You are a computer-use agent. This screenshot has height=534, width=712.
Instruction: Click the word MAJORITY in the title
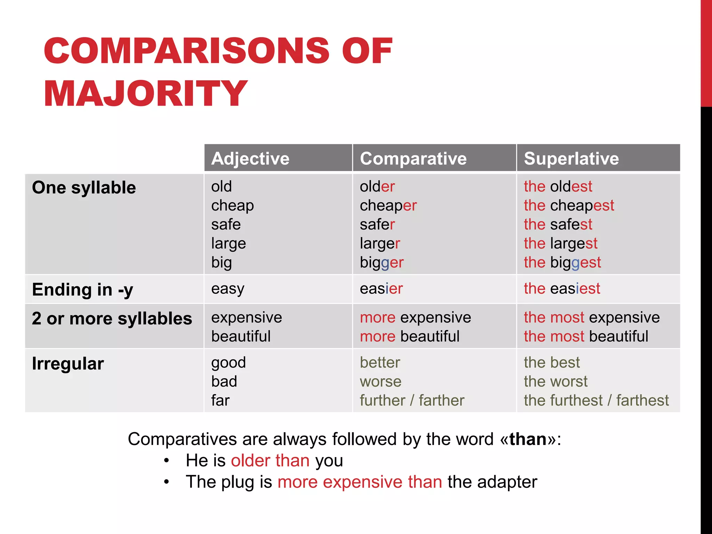[x=145, y=93]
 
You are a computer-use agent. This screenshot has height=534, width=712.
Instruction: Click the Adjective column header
[x=250, y=159]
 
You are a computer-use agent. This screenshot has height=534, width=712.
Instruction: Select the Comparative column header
[x=413, y=159]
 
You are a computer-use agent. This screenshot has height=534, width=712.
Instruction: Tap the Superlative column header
[x=571, y=159]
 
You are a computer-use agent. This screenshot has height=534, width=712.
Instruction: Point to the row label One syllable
[x=84, y=188]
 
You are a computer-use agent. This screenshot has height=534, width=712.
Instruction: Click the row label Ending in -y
[x=82, y=290]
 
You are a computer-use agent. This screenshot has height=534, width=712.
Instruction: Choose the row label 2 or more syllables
[x=112, y=318]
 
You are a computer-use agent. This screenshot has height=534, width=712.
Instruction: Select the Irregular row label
[x=68, y=364]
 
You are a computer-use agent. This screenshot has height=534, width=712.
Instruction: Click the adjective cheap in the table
[x=232, y=205]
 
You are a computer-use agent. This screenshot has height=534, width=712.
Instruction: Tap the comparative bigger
[x=381, y=263]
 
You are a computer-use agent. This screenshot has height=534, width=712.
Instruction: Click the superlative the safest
[x=558, y=224]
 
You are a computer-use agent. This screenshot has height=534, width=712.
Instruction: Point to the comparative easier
[x=381, y=289]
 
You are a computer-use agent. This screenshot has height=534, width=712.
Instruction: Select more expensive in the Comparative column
[x=415, y=317]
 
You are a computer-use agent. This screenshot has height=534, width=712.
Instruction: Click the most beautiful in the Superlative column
[x=586, y=337]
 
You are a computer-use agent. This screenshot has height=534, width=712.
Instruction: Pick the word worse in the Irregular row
[x=380, y=382]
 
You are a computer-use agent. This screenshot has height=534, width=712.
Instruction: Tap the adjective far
[x=220, y=400]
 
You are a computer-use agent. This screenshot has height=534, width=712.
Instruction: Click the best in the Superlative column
[x=552, y=363]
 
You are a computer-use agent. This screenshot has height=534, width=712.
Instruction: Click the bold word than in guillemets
[x=528, y=439]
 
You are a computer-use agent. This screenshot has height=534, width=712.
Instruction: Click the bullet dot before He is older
[x=167, y=461]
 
